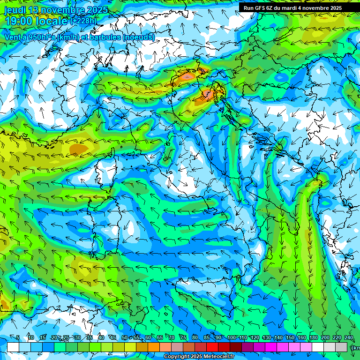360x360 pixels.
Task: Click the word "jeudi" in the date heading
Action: click(15, 10)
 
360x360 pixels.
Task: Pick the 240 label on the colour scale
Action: click(349, 338)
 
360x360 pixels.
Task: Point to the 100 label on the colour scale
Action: click(231, 338)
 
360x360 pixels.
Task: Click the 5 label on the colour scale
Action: click(18, 338)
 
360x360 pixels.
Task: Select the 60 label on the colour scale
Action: click(148, 338)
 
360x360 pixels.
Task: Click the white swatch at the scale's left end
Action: click(13, 347)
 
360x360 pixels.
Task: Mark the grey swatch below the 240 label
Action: click(341, 347)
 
